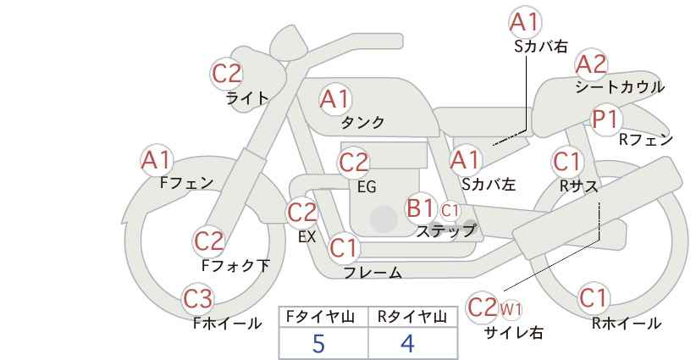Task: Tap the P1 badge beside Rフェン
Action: tap(605, 119)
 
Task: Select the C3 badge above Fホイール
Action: tap(198, 299)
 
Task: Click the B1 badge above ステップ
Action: tap(420, 208)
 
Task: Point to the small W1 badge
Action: tap(511, 309)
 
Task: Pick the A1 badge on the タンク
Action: tap(335, 99)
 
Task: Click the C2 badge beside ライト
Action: tap(227, 74)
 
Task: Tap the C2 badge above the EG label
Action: tap(353, 163)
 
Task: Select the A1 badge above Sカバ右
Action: tap(525, 22)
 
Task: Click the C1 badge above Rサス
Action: tap(567, 162)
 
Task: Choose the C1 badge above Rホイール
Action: tap(593, 297)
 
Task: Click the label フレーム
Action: tap(373, 273)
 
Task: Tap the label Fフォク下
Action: tap(235, 265)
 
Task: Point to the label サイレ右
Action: tap(514, 333)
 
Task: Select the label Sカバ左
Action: tap(489, 184)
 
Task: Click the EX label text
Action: tap(307, 237)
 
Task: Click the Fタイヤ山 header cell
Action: tap(323, 317)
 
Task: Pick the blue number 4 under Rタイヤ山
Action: tap(407, 343)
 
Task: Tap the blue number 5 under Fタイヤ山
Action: tap(318, 343)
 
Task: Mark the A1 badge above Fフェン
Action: tap(156, 161)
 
